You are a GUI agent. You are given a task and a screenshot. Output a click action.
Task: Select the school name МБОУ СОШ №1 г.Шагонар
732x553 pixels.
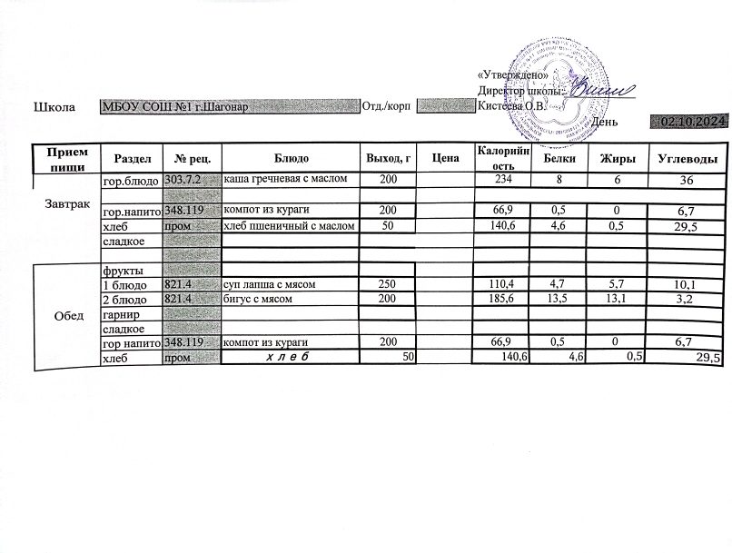pyautogui.click(x=174, y=107)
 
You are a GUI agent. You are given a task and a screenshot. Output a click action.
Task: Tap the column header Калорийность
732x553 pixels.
pyautogui.click(x=496, y=158)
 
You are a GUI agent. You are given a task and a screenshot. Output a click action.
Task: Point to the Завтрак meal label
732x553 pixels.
pyautogui.click(x=66, y=204)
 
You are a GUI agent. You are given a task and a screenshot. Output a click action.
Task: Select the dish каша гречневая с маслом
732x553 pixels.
pyautogui.click(x=285, y=180)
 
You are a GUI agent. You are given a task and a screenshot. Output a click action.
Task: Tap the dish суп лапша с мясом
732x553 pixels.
pyautogui.click(x=269, y=284)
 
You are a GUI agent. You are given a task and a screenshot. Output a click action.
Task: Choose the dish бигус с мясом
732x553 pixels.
pyautogui.click(x=262, y=298)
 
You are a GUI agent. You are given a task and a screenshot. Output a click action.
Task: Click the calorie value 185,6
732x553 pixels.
pyautogui.click(x=501, y=298)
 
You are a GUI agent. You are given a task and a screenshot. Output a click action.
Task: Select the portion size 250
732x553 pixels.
pyautogui.click(x=388, y=284)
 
